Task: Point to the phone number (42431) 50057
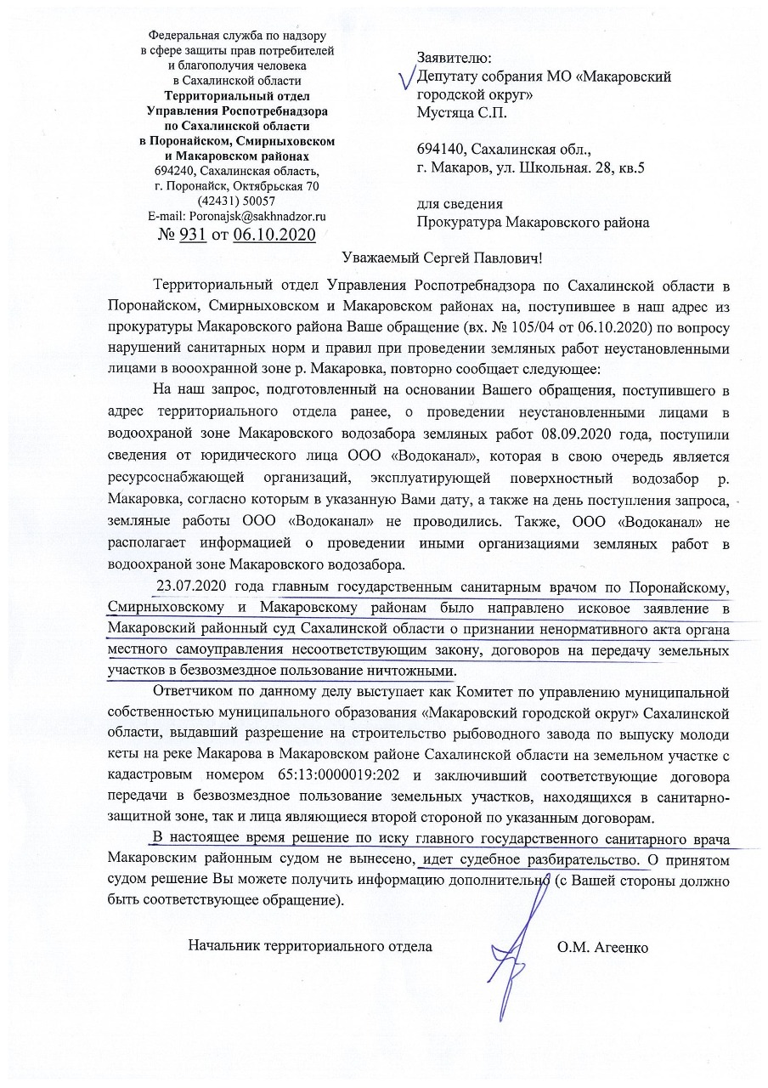[x=235, y=201]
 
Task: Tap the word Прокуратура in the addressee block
[x=459, y=224]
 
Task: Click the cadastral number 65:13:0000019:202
[x=330, y=774]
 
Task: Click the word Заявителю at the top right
[x=454, y=58]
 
